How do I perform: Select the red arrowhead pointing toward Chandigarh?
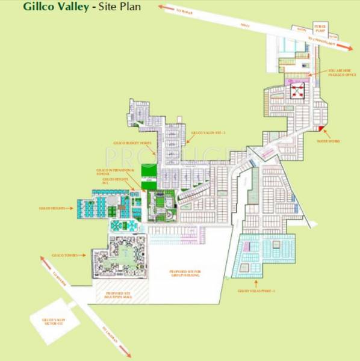(x=347, y=48)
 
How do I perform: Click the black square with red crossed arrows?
(x=297, y=90)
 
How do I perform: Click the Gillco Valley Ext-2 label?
(x=203, y=132)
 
